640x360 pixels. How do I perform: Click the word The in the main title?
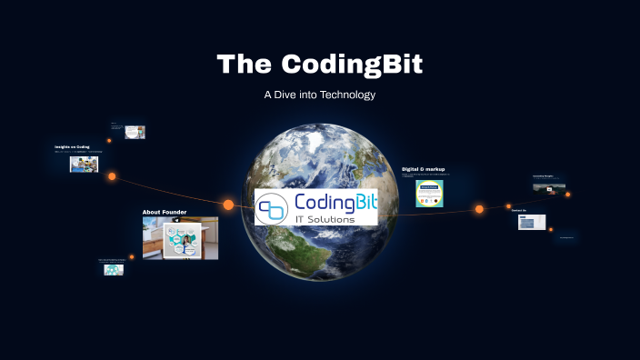[245, 65]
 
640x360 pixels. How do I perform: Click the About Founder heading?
[165, 212]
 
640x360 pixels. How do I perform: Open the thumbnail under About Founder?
[180, 238]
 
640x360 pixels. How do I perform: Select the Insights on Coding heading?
[72, 146]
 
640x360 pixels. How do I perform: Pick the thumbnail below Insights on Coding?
[84, 165]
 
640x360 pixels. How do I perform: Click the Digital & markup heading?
[424, 168]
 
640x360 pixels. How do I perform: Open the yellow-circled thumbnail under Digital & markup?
[429, 194]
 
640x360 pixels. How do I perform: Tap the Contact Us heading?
[519, 210]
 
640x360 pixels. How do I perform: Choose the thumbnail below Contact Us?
[532, 222]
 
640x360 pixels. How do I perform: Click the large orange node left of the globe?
[228, 205]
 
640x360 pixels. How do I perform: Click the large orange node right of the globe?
[479, 209]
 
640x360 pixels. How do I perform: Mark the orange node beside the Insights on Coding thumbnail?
[112, 176]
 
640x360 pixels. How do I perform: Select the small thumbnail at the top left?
[135, 132]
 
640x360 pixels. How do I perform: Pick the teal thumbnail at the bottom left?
[114, 269]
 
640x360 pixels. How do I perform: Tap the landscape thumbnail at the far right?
[549, 188]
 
